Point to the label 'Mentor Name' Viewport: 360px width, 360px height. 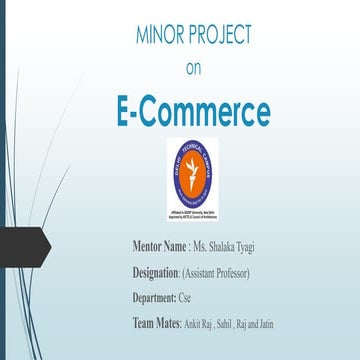(x=160, y=246)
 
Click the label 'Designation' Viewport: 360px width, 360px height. (x=155, y=272)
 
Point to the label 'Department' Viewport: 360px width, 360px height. (x=155, y=298)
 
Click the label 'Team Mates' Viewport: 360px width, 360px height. (x=155, y=323)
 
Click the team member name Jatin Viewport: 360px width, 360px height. (x=288, y=324)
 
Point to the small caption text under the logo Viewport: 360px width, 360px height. (x=193, y=214)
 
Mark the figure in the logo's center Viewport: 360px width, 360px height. (x=193, y=170)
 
